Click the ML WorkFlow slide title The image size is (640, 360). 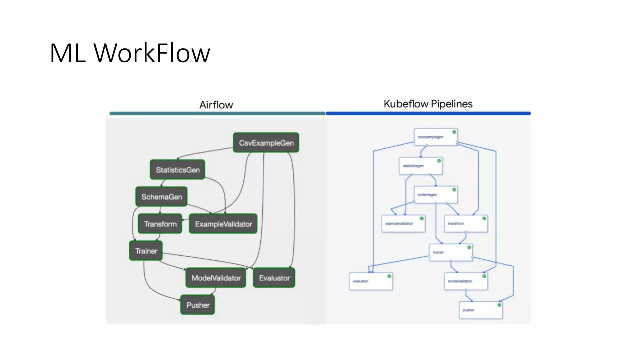click(130, 53)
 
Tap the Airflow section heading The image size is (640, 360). click(216, 105)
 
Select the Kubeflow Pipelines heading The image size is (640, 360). click(428, 104)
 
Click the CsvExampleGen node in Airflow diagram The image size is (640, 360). click(266, 143)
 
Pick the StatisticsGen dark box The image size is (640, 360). click(177, 170)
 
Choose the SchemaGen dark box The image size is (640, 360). click(162, 197)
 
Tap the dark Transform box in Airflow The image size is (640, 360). click(160, 224)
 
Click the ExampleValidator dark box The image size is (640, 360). click(223, 224)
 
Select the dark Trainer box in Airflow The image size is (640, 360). click(146, 251)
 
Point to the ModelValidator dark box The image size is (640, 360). click(216, 278)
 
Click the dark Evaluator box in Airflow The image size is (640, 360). click(274, 278)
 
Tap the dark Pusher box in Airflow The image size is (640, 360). click(198, 305)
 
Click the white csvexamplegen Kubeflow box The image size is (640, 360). click(436, 137)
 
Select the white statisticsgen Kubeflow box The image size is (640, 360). click(421, 166)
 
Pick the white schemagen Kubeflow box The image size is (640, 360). click(436, 195)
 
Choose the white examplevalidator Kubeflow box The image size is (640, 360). click(403, 223)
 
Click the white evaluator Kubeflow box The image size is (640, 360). click(371, 281)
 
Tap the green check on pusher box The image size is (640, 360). click(499, 305)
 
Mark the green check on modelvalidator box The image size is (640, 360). click(484, 276)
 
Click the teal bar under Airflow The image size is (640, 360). click(217, 113)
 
